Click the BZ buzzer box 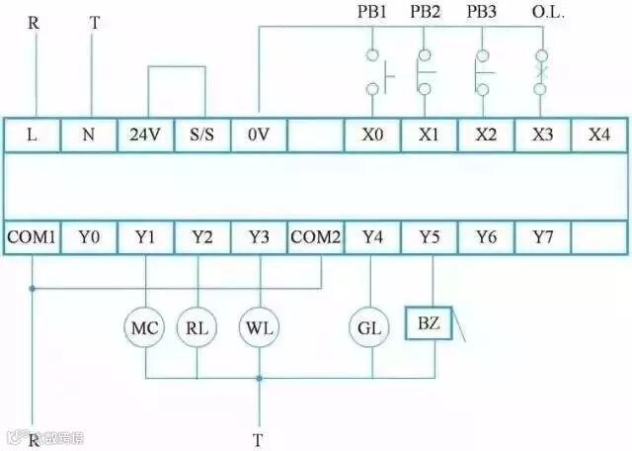(430, 323)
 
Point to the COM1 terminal (33, 237)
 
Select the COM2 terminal (315, 237)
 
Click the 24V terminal (145, 135)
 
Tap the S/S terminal (201, 135)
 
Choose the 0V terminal (259, 135)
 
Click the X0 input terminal (372, 135)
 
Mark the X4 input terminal (598, 135)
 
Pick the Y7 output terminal (542, 237)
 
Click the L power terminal (33, 135)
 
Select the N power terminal (89, 135)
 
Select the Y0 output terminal (89, 237)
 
